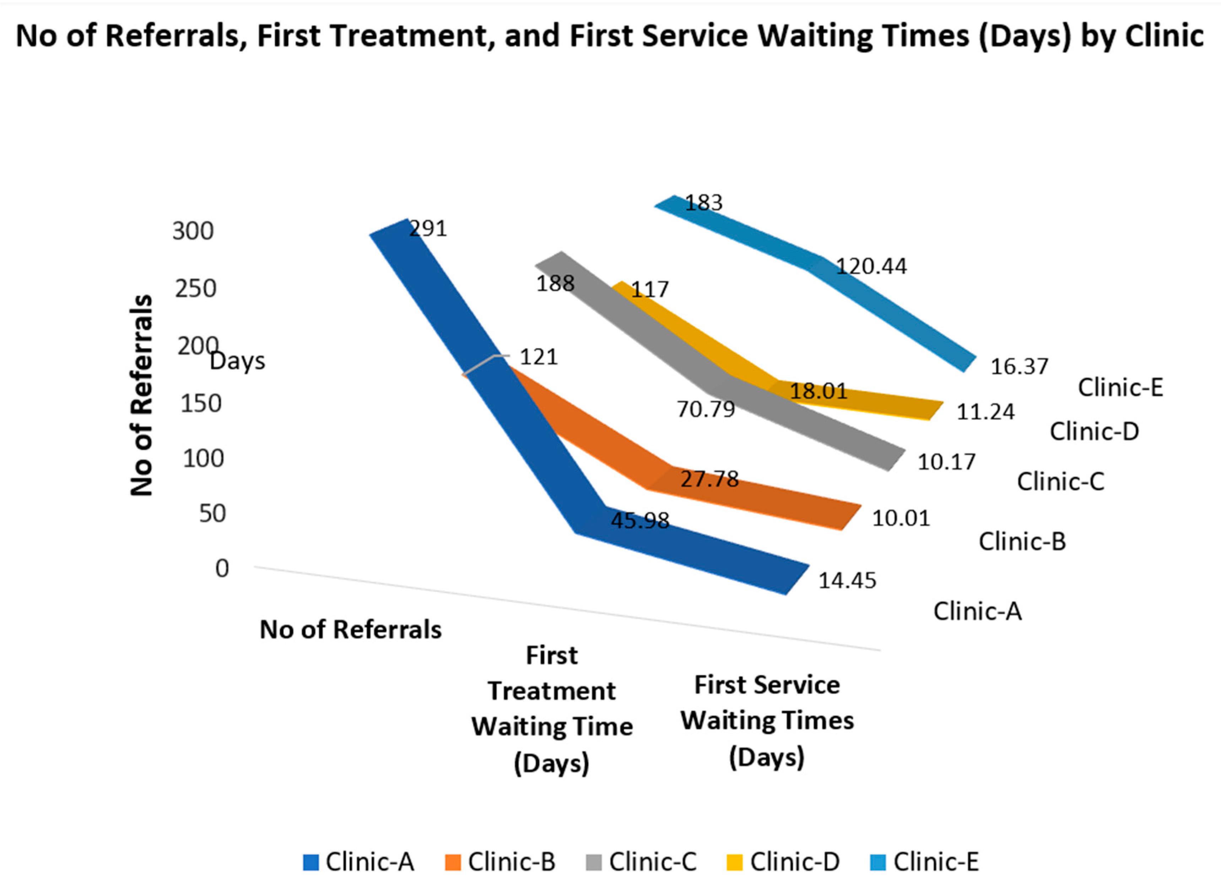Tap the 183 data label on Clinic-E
click(x=704, y=203)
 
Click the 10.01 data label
click(x=901, y=518)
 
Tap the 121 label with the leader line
click(x=538, y=357)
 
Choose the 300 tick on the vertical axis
click(x=193, y=231)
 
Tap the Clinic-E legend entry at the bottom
click(x=935, y=862)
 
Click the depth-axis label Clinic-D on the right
click(x=1095, y=432)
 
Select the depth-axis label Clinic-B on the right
click(x=1022, y=542)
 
